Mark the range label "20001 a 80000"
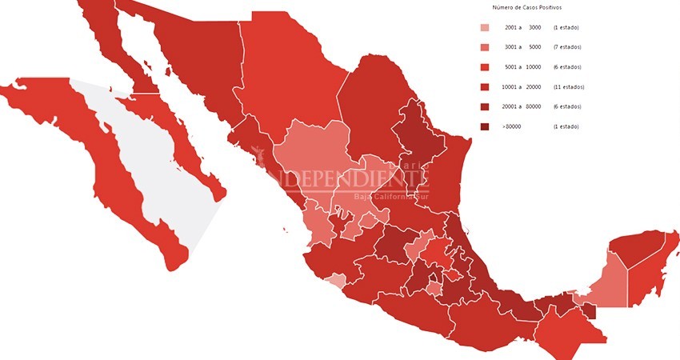coord(522,106)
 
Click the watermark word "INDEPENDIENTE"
coord(352,178)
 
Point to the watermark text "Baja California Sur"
coord(392,197)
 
